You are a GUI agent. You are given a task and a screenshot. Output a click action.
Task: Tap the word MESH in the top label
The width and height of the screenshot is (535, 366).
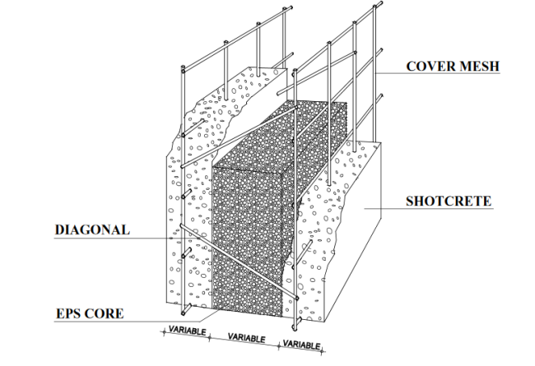(478, 67)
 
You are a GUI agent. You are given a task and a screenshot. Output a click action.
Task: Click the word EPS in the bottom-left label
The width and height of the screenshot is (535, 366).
(69, 313)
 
